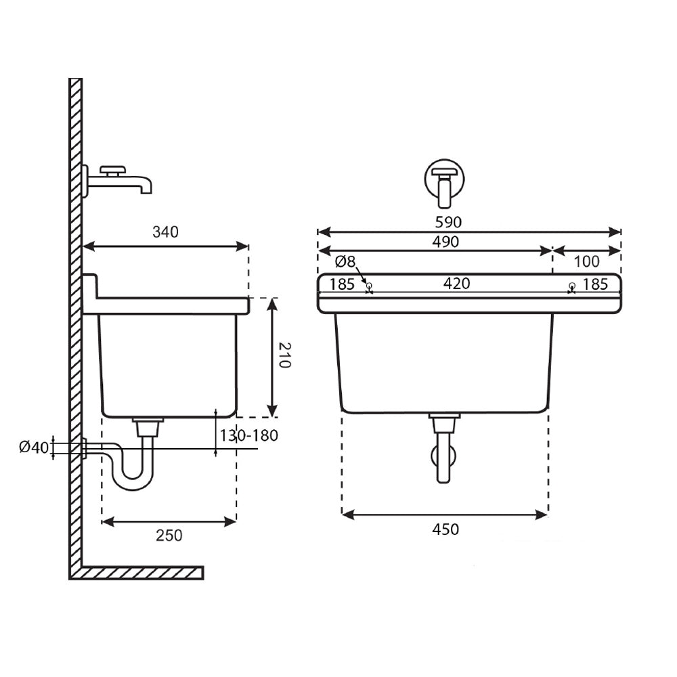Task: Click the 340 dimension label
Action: pyautogui.click(x=165, y=232)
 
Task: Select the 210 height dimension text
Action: pyautogui.click(x=284, y=355)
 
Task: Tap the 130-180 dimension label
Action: pyautogui.click(x=248, y=435)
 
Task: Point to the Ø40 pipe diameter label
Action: pyautogui.click(x=34, y=447)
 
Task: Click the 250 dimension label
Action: pyautogui.click(x=169, y=536)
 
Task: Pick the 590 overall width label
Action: pyautogui.click(x=448, y=222)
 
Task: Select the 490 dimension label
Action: pyautogui.click(x=445, y=242)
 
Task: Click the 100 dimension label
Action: pyautogui.click(x=586, y=261)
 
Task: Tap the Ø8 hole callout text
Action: pyautogui.click(x=345, y=261)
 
